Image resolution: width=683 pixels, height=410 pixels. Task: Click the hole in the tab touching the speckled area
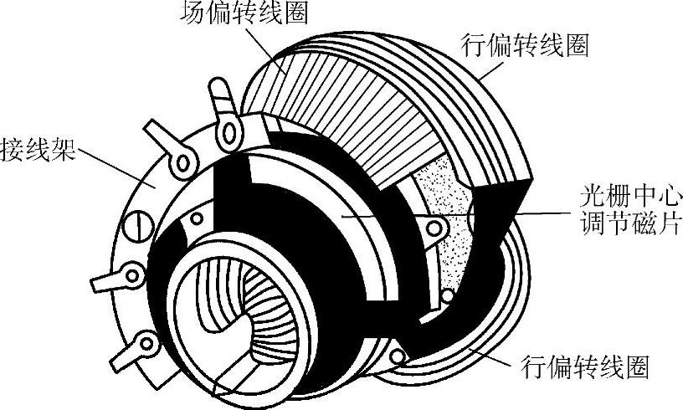434,227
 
